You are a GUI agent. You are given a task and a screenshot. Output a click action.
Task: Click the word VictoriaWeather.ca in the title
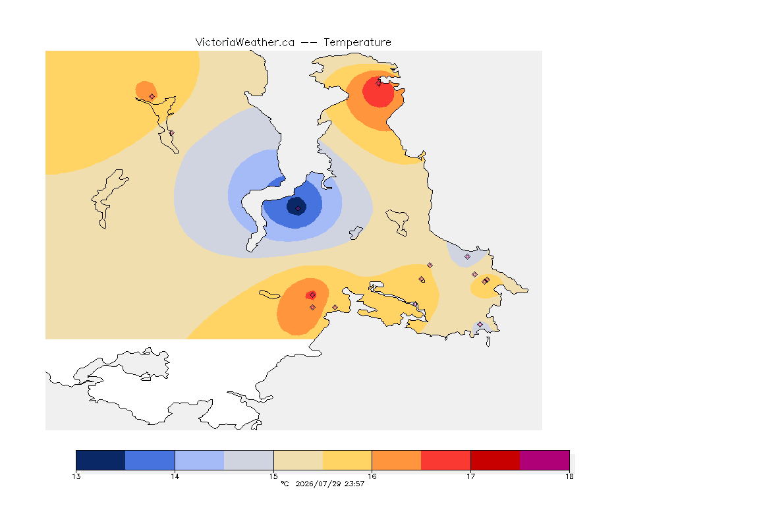[245, 43]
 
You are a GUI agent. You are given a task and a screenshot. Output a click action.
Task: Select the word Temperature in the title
[357, 43]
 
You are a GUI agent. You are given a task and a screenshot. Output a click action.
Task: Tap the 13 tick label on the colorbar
[76, 476]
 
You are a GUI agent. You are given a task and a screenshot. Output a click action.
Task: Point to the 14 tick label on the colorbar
[175, 476]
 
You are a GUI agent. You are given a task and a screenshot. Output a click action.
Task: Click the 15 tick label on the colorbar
[273, 476]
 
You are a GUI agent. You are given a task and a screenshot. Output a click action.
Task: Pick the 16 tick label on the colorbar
[372, 476]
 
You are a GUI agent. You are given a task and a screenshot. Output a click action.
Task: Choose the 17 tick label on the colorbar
[470, 476]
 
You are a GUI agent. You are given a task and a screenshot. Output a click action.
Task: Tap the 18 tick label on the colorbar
[569, 476]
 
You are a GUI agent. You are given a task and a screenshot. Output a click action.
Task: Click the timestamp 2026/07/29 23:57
[329, 484]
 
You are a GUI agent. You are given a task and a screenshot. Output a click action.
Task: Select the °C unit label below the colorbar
[285, 484]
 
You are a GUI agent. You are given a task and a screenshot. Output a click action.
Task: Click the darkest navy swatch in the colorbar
[101, 460]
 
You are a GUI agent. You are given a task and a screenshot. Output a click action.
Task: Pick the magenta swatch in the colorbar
[545, 460]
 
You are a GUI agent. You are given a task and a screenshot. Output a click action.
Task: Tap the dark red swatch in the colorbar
[495, 460]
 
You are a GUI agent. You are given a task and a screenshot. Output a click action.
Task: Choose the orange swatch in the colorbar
[397, 460]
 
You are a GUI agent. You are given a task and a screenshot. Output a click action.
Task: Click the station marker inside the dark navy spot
[298, 208]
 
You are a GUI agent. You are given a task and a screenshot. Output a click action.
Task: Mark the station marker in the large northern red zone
[379, 83]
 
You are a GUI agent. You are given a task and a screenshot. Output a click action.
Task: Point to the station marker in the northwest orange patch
[152, 97]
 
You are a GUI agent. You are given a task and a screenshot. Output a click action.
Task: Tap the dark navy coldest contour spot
[296, 206]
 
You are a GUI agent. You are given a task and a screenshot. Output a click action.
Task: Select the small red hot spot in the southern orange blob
[311, 295]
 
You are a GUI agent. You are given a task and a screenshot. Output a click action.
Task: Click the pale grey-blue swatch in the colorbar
[249, 460]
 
